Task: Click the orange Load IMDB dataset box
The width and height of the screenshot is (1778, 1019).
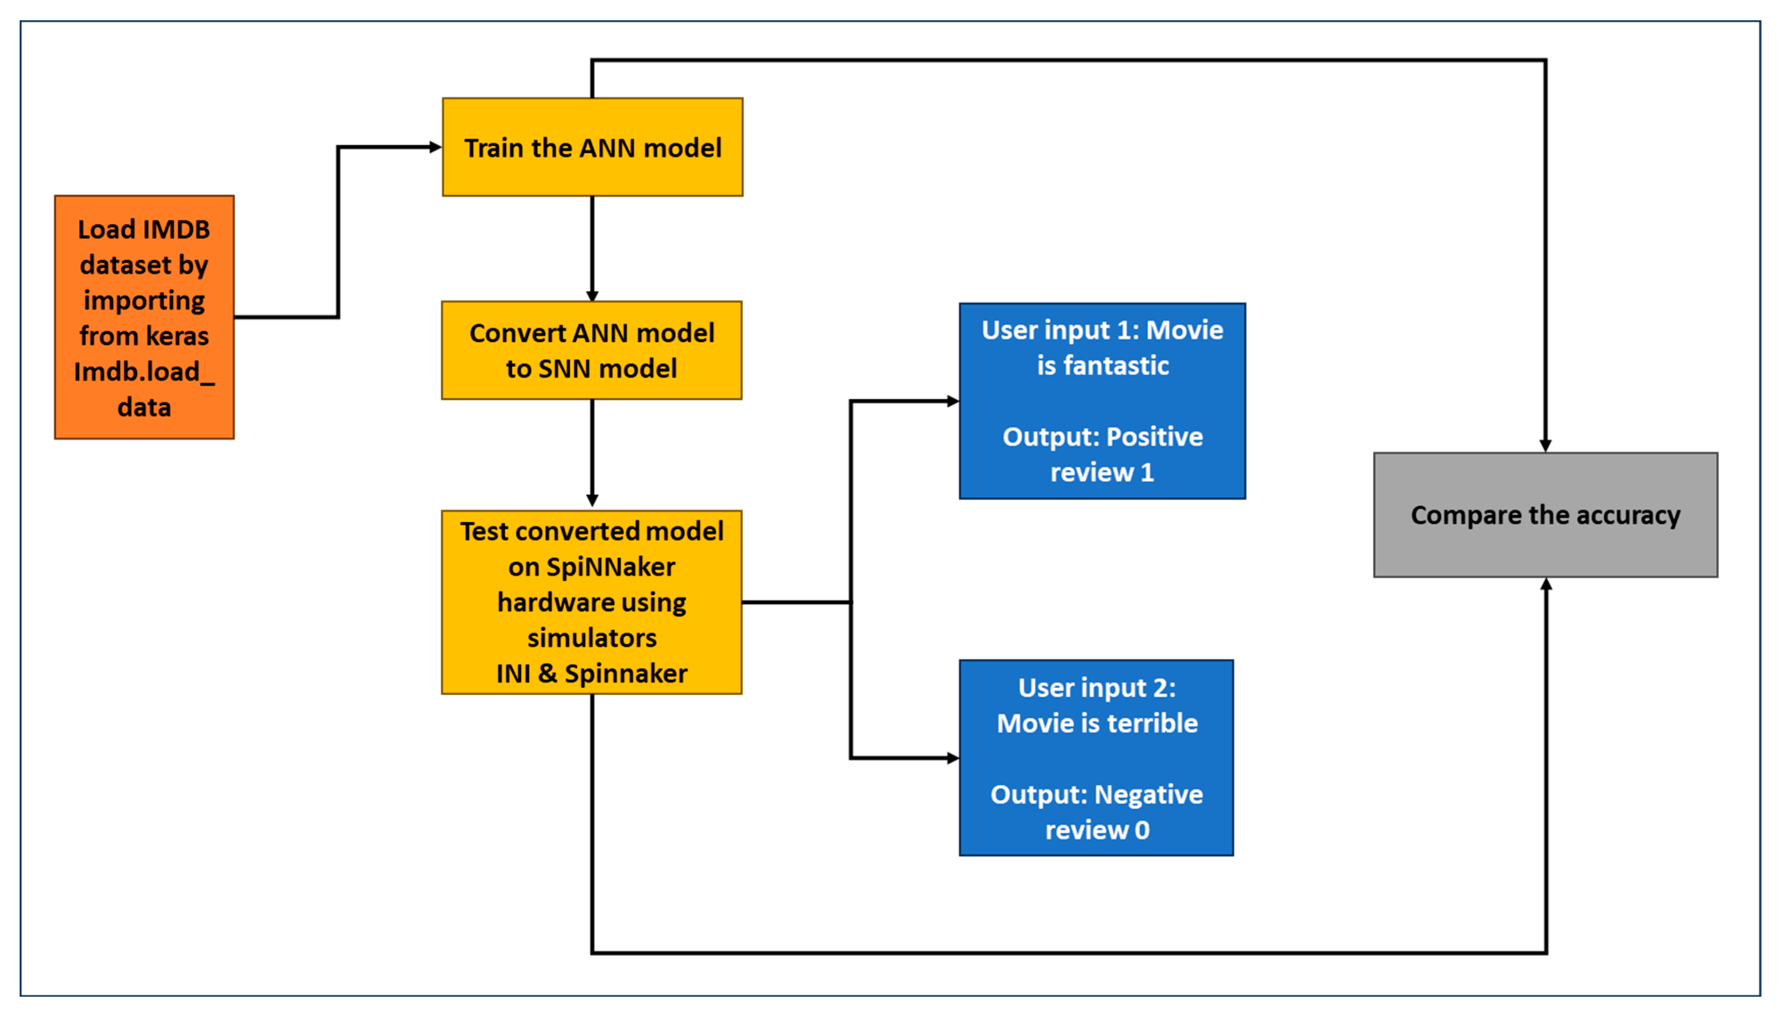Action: (x=144, y=317)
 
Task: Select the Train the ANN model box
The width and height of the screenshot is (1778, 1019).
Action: (x=592, y=147)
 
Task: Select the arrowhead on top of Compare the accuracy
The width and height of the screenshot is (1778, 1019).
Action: (x=1545, y=446)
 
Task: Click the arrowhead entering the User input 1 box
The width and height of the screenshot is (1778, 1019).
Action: (x=952, y=401)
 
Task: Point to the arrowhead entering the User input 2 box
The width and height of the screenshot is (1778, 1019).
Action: (x=952, y=758)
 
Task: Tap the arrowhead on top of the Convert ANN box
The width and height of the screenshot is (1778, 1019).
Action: (x=592, y=296)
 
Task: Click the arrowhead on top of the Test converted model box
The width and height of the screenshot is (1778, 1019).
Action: (x=592, y=500)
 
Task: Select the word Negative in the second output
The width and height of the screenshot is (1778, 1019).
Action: (x=1148, y=794)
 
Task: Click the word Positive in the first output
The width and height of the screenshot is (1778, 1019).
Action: (x=1154, y=437)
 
